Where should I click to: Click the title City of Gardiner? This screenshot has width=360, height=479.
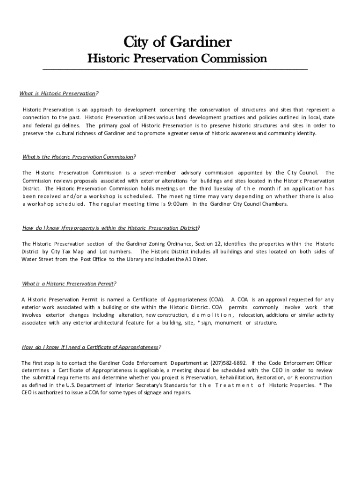click(177, 43)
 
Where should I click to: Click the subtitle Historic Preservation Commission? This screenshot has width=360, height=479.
click(177, 59)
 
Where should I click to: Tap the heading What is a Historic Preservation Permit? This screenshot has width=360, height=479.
click(69, 283)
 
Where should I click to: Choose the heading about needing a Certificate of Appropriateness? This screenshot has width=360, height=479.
click(92, 347)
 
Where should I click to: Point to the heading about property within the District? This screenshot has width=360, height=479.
click(111, 228)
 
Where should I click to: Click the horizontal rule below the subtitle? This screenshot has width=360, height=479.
click(175, 70)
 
